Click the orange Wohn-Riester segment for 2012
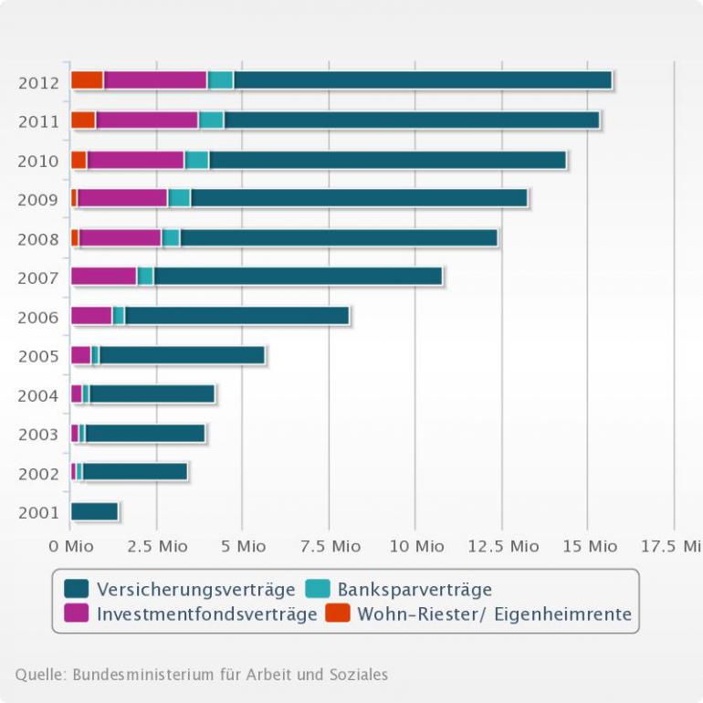click(87, 80)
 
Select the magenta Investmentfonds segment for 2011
click(147, 120)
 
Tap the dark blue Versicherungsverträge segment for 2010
click(387, 160)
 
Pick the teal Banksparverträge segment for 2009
click(179, 198)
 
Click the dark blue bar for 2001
click(94, 511)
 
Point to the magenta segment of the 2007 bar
click(103, 276)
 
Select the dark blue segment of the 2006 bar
click(236, 316)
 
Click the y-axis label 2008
click(38, 239)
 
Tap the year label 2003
click(38, 435)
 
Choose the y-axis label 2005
click(38, 356)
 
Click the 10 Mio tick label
click(415, 546)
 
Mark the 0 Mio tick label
click(71, 546)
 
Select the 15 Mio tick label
click(589, 546)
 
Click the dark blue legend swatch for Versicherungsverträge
click(76, 589)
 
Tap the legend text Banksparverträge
click(414, 589)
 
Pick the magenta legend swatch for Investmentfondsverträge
click(76, 614)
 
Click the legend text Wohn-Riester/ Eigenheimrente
click(495, 614)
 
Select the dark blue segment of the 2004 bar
click(152, 393)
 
